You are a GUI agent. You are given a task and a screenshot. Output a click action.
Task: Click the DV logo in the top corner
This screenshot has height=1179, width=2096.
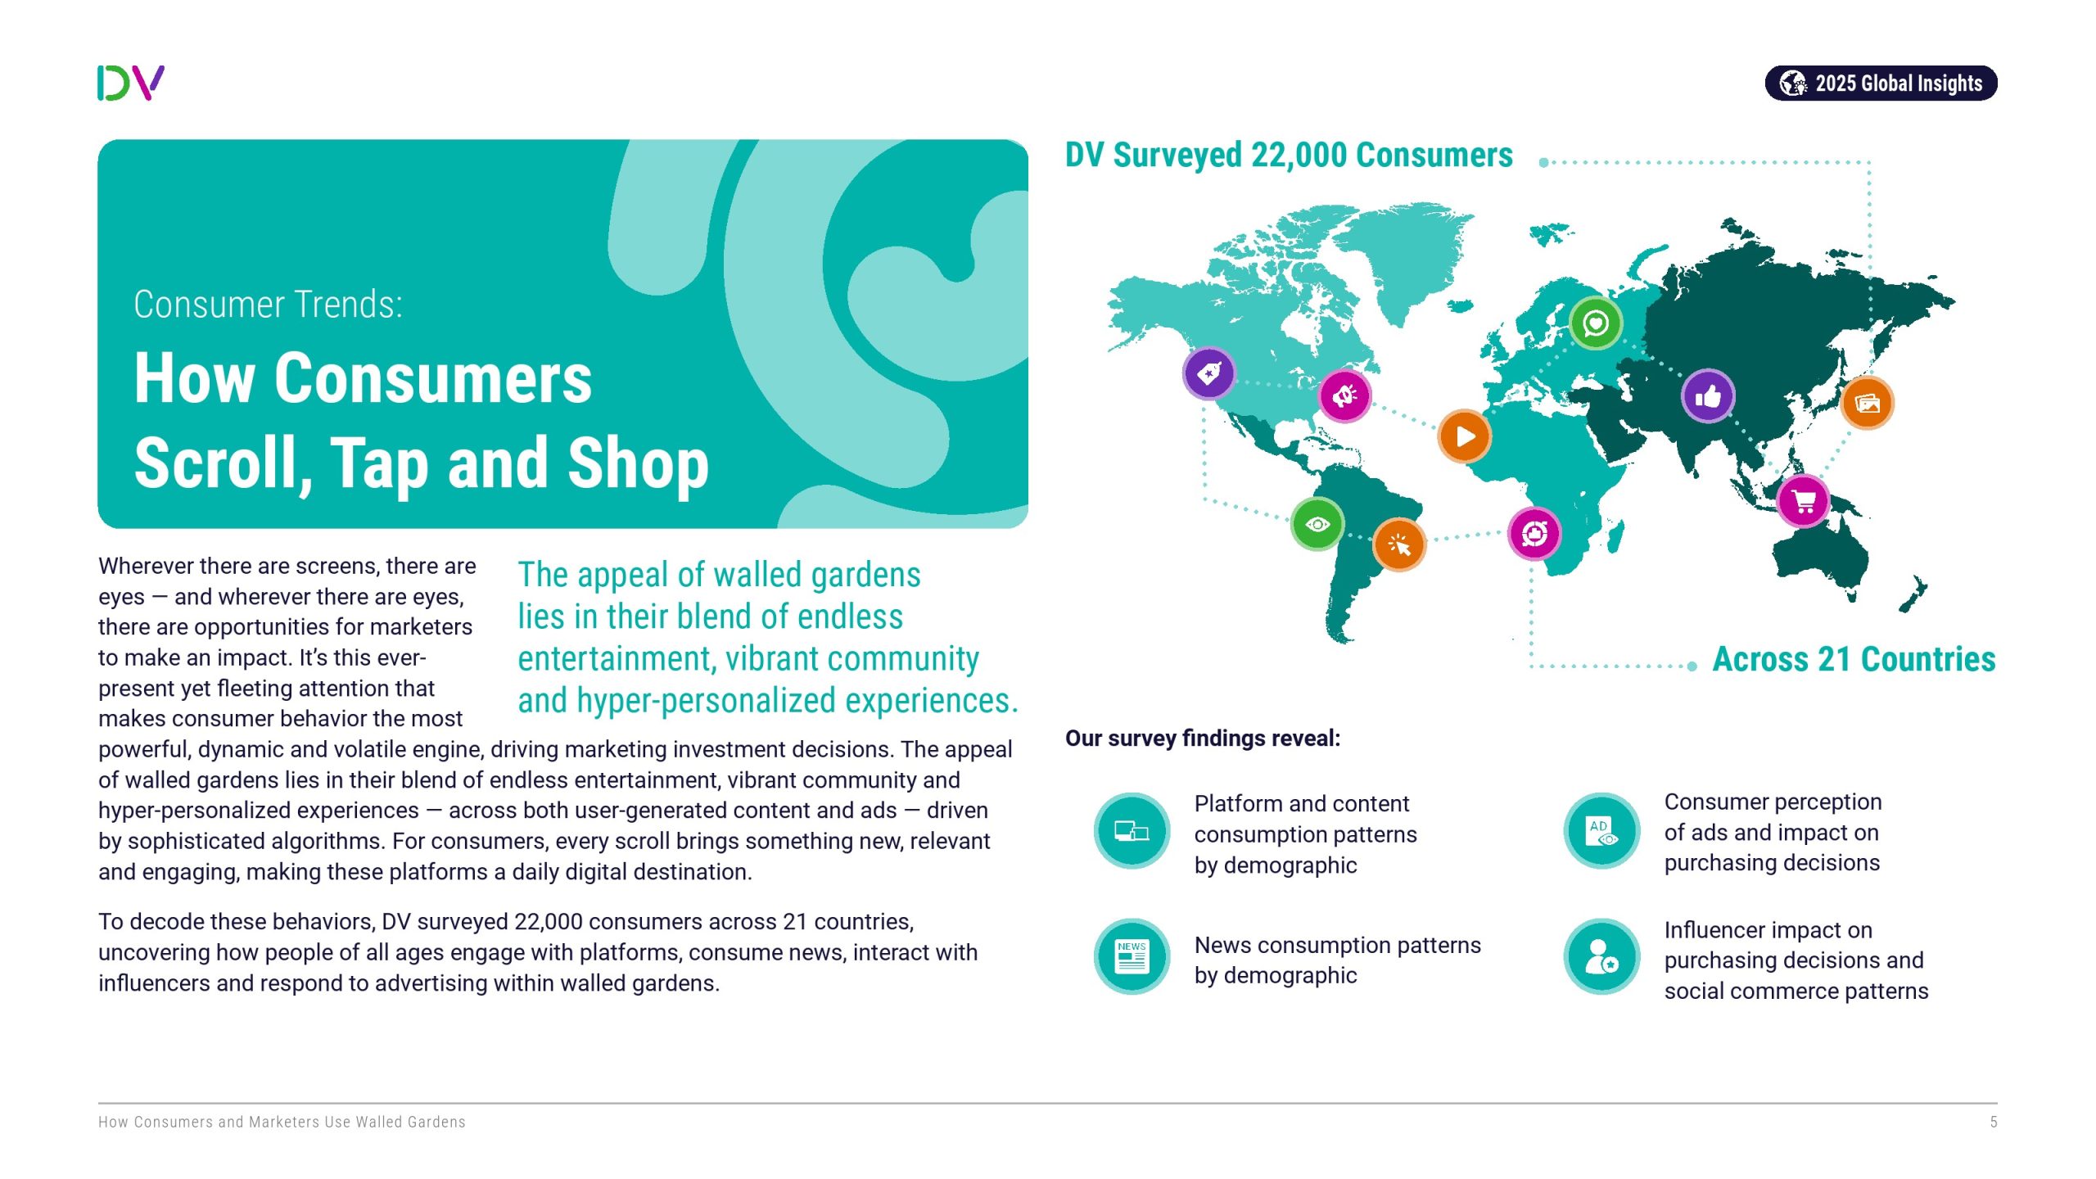(131, 83)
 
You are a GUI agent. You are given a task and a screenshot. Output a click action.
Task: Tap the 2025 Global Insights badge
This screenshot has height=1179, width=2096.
(1880, 84)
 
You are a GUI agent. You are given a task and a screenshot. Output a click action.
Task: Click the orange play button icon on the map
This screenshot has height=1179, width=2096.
(1464, 436)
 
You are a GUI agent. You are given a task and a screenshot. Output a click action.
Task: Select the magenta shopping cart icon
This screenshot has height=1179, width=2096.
(1803, 500)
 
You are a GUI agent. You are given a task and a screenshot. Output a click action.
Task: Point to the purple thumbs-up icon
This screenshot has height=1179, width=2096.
(1707, 397)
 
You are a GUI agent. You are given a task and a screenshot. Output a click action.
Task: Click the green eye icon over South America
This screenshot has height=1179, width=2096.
(1317, 524)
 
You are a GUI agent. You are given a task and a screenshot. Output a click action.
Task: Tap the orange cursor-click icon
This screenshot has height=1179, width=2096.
(1399, 544)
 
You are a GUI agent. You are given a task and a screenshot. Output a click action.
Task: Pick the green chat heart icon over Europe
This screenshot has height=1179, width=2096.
(1595, 323)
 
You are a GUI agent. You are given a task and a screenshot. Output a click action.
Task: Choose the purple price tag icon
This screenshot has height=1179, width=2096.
(1208, 373)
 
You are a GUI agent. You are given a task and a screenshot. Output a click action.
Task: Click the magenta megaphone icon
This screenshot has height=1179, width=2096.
(1344, 396)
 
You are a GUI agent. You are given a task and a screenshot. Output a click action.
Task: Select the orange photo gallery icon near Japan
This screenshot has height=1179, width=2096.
(1867, 403)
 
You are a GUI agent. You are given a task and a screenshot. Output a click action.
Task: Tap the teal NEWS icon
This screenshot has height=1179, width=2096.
(1132, 955)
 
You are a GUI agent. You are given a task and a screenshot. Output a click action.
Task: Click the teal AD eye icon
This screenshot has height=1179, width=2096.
(1601, 830)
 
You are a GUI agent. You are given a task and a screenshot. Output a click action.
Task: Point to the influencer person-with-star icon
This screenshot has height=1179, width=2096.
(1601, 955)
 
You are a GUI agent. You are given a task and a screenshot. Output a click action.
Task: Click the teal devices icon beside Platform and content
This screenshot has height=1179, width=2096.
(1132, 830)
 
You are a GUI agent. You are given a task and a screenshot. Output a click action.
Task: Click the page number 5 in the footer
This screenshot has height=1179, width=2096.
(1993, 1122)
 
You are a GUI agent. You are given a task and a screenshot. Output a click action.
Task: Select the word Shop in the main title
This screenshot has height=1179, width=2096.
(638, 463)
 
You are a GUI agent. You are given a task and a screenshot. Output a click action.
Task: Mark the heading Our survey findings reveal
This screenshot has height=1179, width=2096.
(1202, 739)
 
